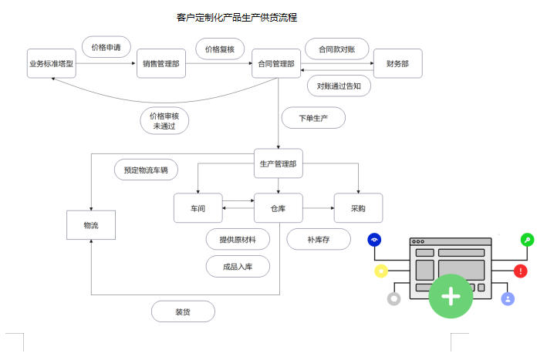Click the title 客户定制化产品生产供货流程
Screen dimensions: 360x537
[237, 17]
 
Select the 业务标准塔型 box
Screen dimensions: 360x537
[51, 64]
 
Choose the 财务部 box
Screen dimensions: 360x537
[397, 64]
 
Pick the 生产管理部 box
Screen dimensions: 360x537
[278, 163]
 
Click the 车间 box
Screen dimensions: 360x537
[198, 208]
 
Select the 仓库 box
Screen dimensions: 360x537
[279, 208]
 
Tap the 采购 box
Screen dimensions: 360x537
[358, 208]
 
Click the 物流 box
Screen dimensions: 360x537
[91, 224]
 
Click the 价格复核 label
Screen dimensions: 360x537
[220, 49]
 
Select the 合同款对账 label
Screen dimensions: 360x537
[337, 49]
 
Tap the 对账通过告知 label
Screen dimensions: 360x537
[339, 86]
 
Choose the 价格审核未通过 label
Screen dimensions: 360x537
[165, 120]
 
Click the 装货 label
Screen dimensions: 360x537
[183, 311]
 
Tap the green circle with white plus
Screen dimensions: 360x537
[451, 296]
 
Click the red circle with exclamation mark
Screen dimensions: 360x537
[521, 271]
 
